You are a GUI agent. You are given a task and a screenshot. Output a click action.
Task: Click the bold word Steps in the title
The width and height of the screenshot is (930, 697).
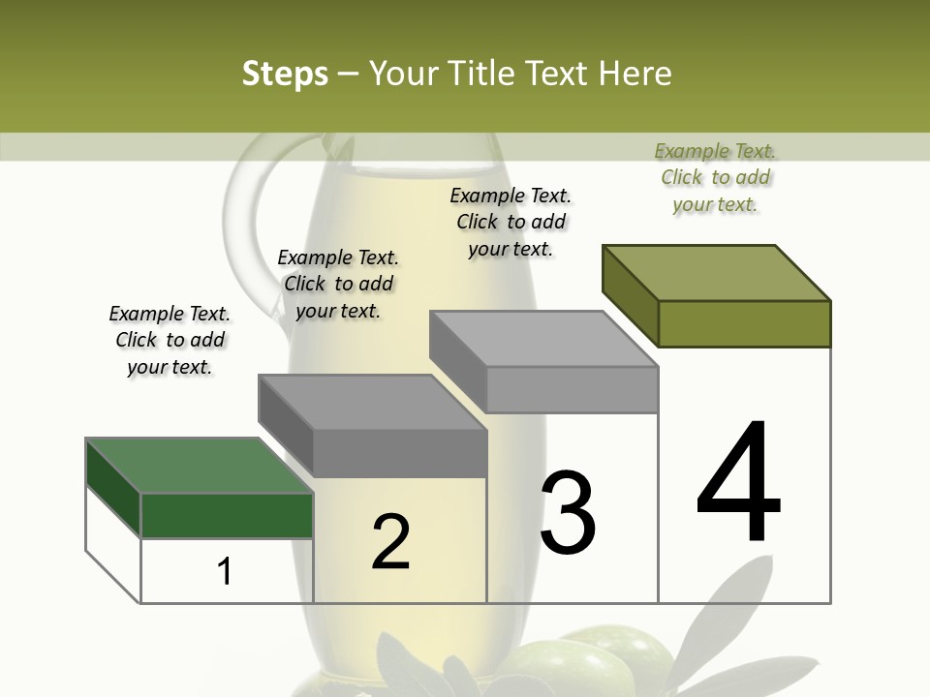(285, 74)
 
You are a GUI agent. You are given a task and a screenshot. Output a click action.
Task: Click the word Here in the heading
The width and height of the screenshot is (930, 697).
(635, 74)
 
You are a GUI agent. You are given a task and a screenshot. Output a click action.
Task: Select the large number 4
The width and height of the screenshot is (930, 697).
(738, 484)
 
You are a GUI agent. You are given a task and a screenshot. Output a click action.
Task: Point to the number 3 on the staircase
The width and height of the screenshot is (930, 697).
(568, 512)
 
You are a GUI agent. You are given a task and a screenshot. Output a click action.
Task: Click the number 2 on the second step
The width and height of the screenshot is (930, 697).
(390, 542)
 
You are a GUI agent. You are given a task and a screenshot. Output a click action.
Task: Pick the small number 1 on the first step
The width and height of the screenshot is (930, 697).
(225, 572)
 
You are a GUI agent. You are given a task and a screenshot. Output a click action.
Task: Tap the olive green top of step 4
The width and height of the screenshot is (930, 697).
(717, 272)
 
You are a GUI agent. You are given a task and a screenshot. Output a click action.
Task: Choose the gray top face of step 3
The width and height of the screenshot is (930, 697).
(543, 339)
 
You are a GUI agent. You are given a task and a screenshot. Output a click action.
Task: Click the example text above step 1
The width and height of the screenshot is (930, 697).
(170, 340)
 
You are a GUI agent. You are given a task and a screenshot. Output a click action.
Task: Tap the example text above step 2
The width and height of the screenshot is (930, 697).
(338, 284)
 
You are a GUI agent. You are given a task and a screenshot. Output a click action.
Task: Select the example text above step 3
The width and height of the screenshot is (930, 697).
(511, 222)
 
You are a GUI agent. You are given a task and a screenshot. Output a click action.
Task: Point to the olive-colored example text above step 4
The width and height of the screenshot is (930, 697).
(715, 177)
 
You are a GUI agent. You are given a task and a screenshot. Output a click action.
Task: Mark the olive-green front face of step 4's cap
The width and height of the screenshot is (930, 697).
(744, 323)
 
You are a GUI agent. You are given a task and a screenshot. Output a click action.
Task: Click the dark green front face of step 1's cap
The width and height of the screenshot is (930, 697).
(227, 515)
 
